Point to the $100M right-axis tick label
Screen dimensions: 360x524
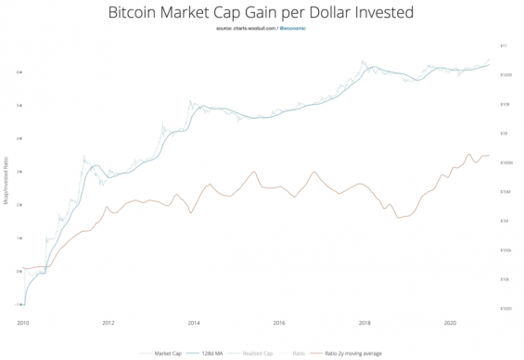click(x=506, y=162)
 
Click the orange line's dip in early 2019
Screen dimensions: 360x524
click(x=398, y=218)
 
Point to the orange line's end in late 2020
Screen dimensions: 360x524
click(x=490, y=156)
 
